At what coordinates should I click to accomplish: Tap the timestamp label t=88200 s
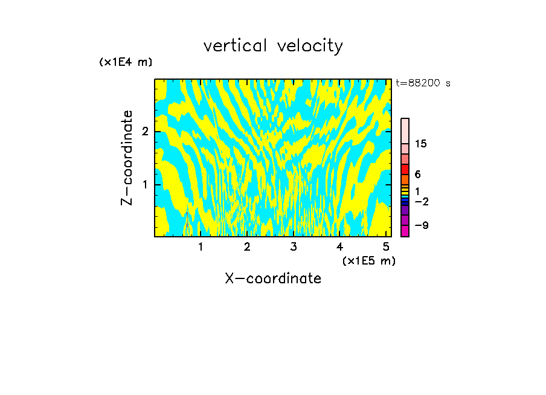click(423, 83)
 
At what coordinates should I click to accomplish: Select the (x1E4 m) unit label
click(126, 62)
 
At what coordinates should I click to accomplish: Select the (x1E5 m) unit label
click(368, 260)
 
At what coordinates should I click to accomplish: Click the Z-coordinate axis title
click(127, 158)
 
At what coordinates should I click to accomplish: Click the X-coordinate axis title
click(273, 278)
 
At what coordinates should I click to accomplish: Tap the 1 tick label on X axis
click(201, 246)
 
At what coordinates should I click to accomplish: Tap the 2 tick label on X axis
click(247, 246)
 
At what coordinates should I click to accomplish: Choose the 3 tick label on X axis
click(294, 246)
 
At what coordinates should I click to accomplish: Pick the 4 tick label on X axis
click(340, 246)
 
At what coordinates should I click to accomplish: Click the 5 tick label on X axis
click(387, 246)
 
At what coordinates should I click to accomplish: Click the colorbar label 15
click(421, 144)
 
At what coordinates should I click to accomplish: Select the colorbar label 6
click(417, 175)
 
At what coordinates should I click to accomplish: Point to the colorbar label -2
click(421, 202)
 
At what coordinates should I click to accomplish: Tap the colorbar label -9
click(421, 226)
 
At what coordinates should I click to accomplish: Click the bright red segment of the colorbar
click(405, 169)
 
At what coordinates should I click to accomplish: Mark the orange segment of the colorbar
click(405, 179)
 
